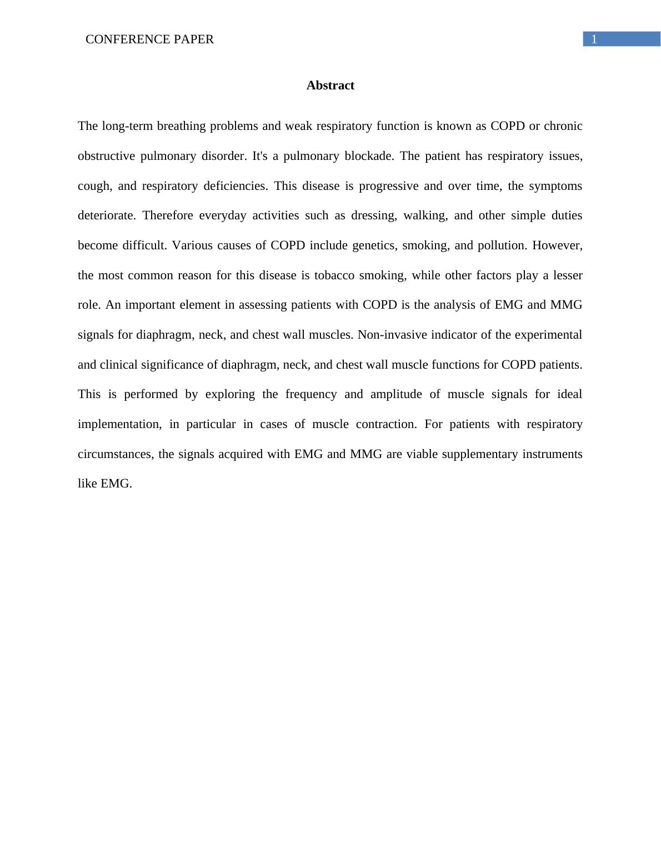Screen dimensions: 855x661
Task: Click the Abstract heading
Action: pos(330,85)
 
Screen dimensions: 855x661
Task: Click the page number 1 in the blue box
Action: pos(594,39)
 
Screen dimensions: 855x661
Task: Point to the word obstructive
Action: pos(106,156)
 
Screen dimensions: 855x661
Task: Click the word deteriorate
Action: pos(106,215)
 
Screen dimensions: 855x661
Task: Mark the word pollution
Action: pos(501,245)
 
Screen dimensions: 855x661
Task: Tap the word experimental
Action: pos(548,335)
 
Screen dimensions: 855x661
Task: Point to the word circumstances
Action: pos(115,454)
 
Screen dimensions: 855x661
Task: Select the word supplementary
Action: pos(479,454)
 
